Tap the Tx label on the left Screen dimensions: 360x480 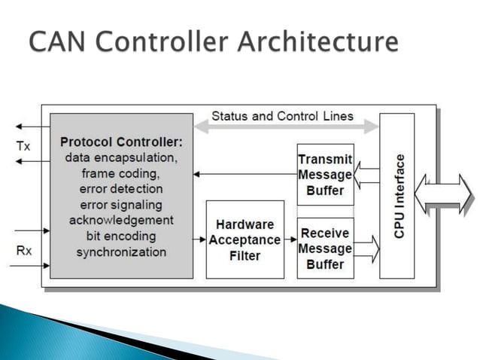[x=24, y=147]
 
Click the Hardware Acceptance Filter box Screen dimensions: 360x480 [x=245, y=239]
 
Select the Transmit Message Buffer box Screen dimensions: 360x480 [x=325, y=175]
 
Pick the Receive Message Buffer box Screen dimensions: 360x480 [x=325, y=248]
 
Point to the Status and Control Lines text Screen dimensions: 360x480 [x=282, y=117]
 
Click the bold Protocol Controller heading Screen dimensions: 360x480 [x=121, y=142]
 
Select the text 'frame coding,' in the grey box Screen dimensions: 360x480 [x=121, y=172]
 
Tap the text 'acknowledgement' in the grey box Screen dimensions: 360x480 [x=121, y=220]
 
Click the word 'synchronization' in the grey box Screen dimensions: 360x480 [x=121, y=252]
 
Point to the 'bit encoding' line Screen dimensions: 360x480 [x=121, y=236]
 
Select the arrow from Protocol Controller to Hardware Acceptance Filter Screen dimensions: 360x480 [x=198, y=239]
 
